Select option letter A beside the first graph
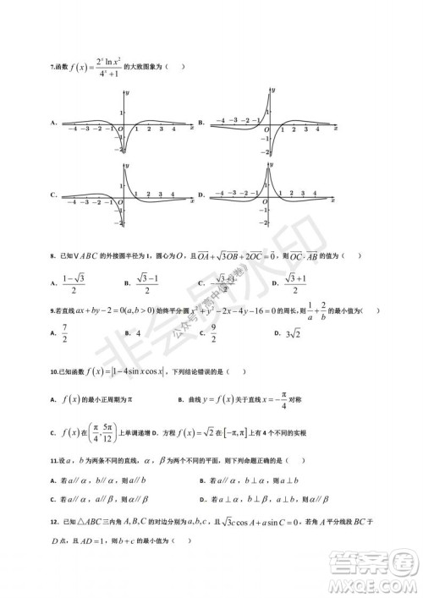(53, 123)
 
